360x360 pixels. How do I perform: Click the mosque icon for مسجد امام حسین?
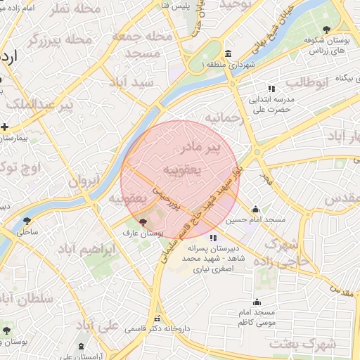(255, 209)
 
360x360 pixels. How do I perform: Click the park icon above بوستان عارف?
(134, 222)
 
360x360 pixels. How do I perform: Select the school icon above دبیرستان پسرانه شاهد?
(214, 228)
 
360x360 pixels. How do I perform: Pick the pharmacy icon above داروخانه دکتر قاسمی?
(158, 318)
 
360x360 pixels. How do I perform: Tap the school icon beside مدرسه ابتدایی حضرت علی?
(252, 89)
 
